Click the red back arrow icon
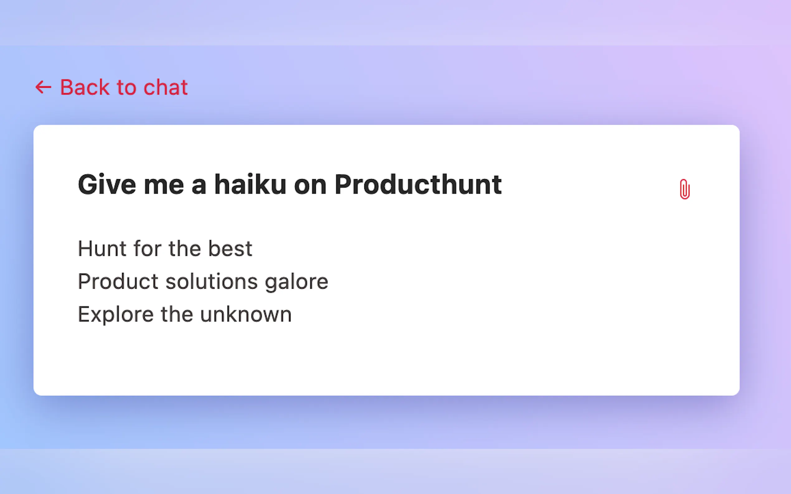click(x=43, y=87)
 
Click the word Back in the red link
click(x=85, y=87)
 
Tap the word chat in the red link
click(x=165, y=87)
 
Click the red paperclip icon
click(x=684, y=189)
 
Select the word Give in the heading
click(x=107, y=184)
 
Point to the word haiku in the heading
click(x=250, y=184)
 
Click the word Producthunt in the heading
click(x=418, y=184)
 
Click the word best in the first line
click(x=230, y=249)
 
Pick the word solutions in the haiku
click(x=211, y=282)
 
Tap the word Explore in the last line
click(x=116, y=315)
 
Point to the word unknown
click(x=246, y=314)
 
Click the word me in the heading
click(x=164, y=185)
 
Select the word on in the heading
click(x=310, y=185)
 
